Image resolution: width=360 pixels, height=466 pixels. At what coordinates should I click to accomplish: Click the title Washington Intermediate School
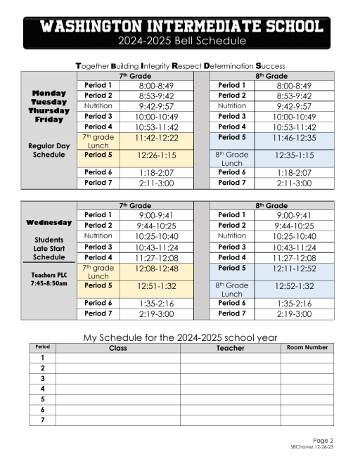tap(182, 26)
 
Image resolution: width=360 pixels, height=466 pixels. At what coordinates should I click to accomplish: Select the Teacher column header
tap(230, 348)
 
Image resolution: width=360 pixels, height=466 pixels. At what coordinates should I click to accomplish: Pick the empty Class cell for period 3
tap(117, 378)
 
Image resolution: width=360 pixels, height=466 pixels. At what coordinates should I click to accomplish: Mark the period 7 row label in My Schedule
tap(42, 420)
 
